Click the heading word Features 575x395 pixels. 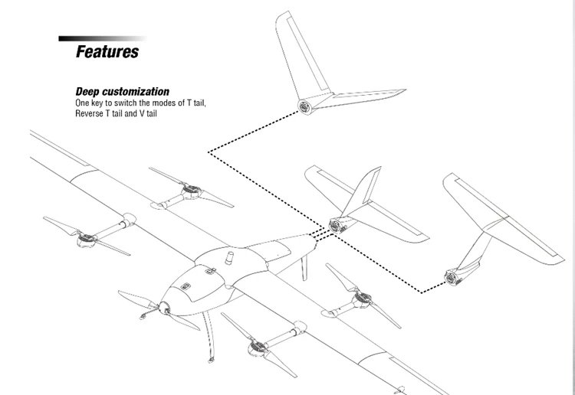[107, 52]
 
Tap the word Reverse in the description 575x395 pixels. [91, 113]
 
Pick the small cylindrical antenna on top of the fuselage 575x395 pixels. [228, 258]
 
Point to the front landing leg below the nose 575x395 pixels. [207, 337]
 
